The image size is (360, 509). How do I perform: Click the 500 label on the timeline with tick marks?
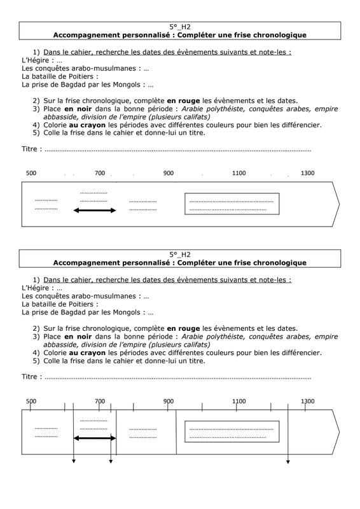[31, 401]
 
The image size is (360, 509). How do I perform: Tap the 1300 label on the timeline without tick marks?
[307, 173]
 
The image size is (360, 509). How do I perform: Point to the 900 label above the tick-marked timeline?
[169, 401]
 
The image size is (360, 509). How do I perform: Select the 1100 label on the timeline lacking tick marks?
[239, 173]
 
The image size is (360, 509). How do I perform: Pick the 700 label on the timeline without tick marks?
[100, 173]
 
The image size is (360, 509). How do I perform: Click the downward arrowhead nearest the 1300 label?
[287, 462]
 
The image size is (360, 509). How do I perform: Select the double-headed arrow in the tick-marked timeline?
[95, 438]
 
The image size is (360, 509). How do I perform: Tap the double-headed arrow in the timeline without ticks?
[95, 211]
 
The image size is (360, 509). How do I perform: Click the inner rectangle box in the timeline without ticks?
[232, 193]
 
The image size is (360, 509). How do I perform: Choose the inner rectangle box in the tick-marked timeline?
[232, 421]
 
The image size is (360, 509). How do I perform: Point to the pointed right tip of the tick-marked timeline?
[339, 432]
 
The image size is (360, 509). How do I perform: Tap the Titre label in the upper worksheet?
[29, 149]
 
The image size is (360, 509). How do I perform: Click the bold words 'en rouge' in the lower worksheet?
[183, 328]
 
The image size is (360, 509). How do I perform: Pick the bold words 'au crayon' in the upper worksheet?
[87, 125]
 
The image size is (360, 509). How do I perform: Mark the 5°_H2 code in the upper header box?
[180, 27]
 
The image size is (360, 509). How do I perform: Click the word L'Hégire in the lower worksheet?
[36, 288]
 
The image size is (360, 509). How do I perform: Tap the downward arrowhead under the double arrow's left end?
[74, 461]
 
